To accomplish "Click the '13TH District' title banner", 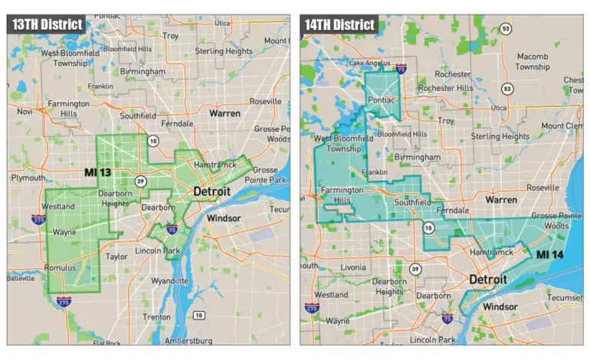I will point(47,24).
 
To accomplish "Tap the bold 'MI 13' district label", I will point(99,173).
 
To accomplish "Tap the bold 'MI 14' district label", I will point(551,254).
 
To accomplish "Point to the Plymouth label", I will point(28,178).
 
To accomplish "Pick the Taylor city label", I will point(117,257).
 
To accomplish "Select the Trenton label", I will point(156,316).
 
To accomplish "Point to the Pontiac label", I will point(382,100).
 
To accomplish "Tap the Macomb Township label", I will point(532,61).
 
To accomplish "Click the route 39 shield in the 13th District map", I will point(140,181).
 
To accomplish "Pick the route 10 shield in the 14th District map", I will point(429,228).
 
